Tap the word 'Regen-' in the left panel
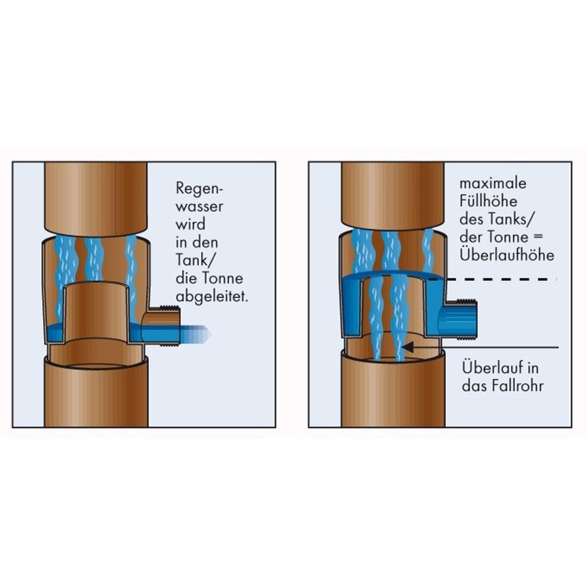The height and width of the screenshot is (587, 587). (x=194, y=187)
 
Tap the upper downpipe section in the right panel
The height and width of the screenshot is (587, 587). (x=394, y=194)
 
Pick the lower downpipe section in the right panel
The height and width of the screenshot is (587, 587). (x=394, y=396)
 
